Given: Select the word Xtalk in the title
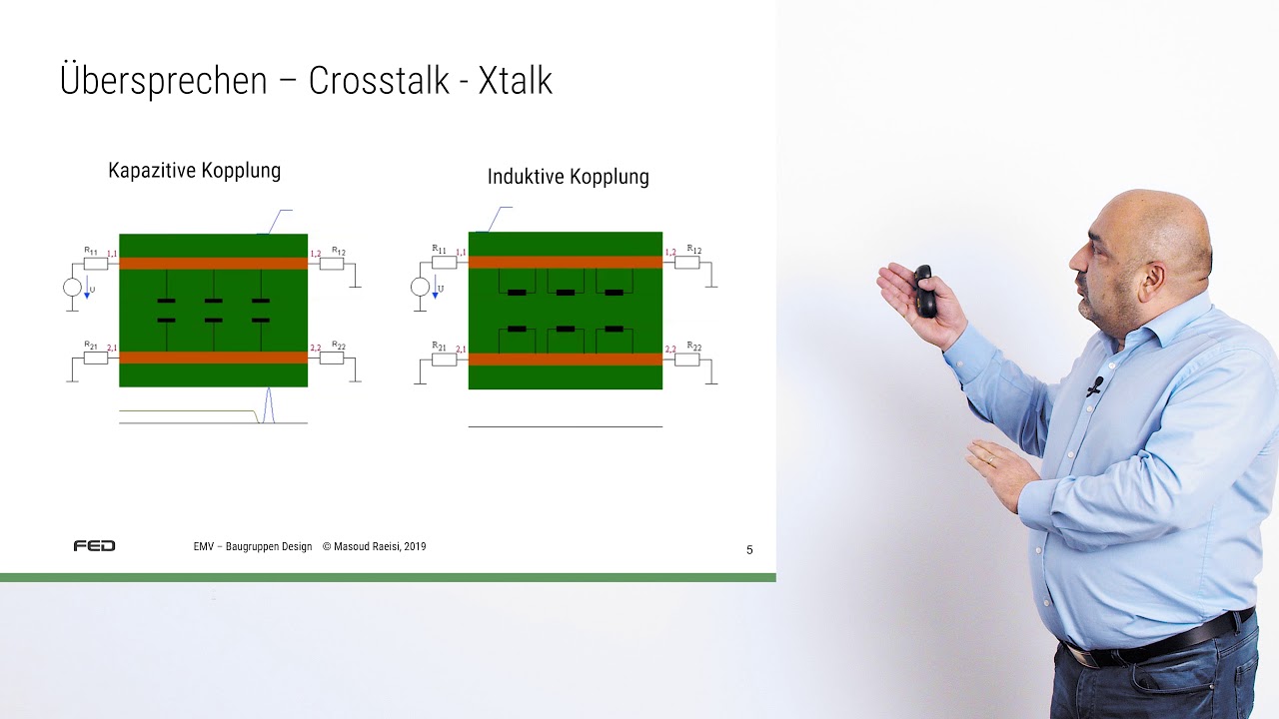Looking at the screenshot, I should click(x=515, y=81).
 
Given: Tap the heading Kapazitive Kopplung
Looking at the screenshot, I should click(x=194, y=171).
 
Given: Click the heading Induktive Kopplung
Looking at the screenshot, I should click(x=568, y=177).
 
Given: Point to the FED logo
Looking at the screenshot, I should click(x=94, y=546).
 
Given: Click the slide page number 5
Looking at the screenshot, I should click(x=749, y=549).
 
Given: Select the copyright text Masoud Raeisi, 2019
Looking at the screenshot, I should click(x=374, y=547).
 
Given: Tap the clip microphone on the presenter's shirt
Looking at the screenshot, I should click(x=1095, y=385).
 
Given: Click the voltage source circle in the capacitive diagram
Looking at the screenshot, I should click(x=72, y=288).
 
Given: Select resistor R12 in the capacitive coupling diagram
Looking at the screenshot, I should click(x=332, y=264).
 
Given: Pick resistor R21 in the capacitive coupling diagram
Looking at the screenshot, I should click(x=95, y=358).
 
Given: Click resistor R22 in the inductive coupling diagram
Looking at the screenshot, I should click(x=686, y=359).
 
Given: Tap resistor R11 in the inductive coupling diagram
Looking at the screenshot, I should click(x=444, y=262).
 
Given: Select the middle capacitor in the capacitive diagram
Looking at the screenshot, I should click(x=213, y=311).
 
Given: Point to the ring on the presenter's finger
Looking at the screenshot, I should click(x=990, y=460).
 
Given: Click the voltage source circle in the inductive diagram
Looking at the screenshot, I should click(x=421, y=288).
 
